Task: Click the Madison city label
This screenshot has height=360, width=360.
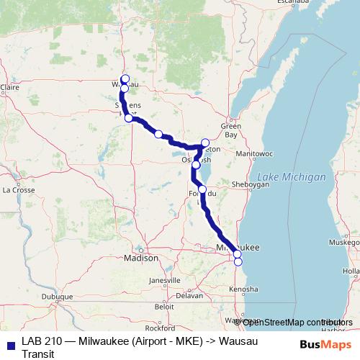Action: coord(141,258)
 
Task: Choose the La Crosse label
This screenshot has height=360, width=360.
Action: coord(19,190)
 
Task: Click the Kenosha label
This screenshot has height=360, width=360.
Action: coord(243,289)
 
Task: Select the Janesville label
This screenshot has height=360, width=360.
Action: coord(164,280)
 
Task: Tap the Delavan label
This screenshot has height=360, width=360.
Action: coord(190,295)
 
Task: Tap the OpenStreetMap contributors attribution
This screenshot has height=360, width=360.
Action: coord(293,321)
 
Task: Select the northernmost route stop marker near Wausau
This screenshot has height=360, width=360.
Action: coord(125,78)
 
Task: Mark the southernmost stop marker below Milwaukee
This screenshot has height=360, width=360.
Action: coord(238,261)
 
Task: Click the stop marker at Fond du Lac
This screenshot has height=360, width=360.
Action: coord(202,189)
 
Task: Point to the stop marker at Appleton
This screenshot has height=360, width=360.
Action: coord(205,143)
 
